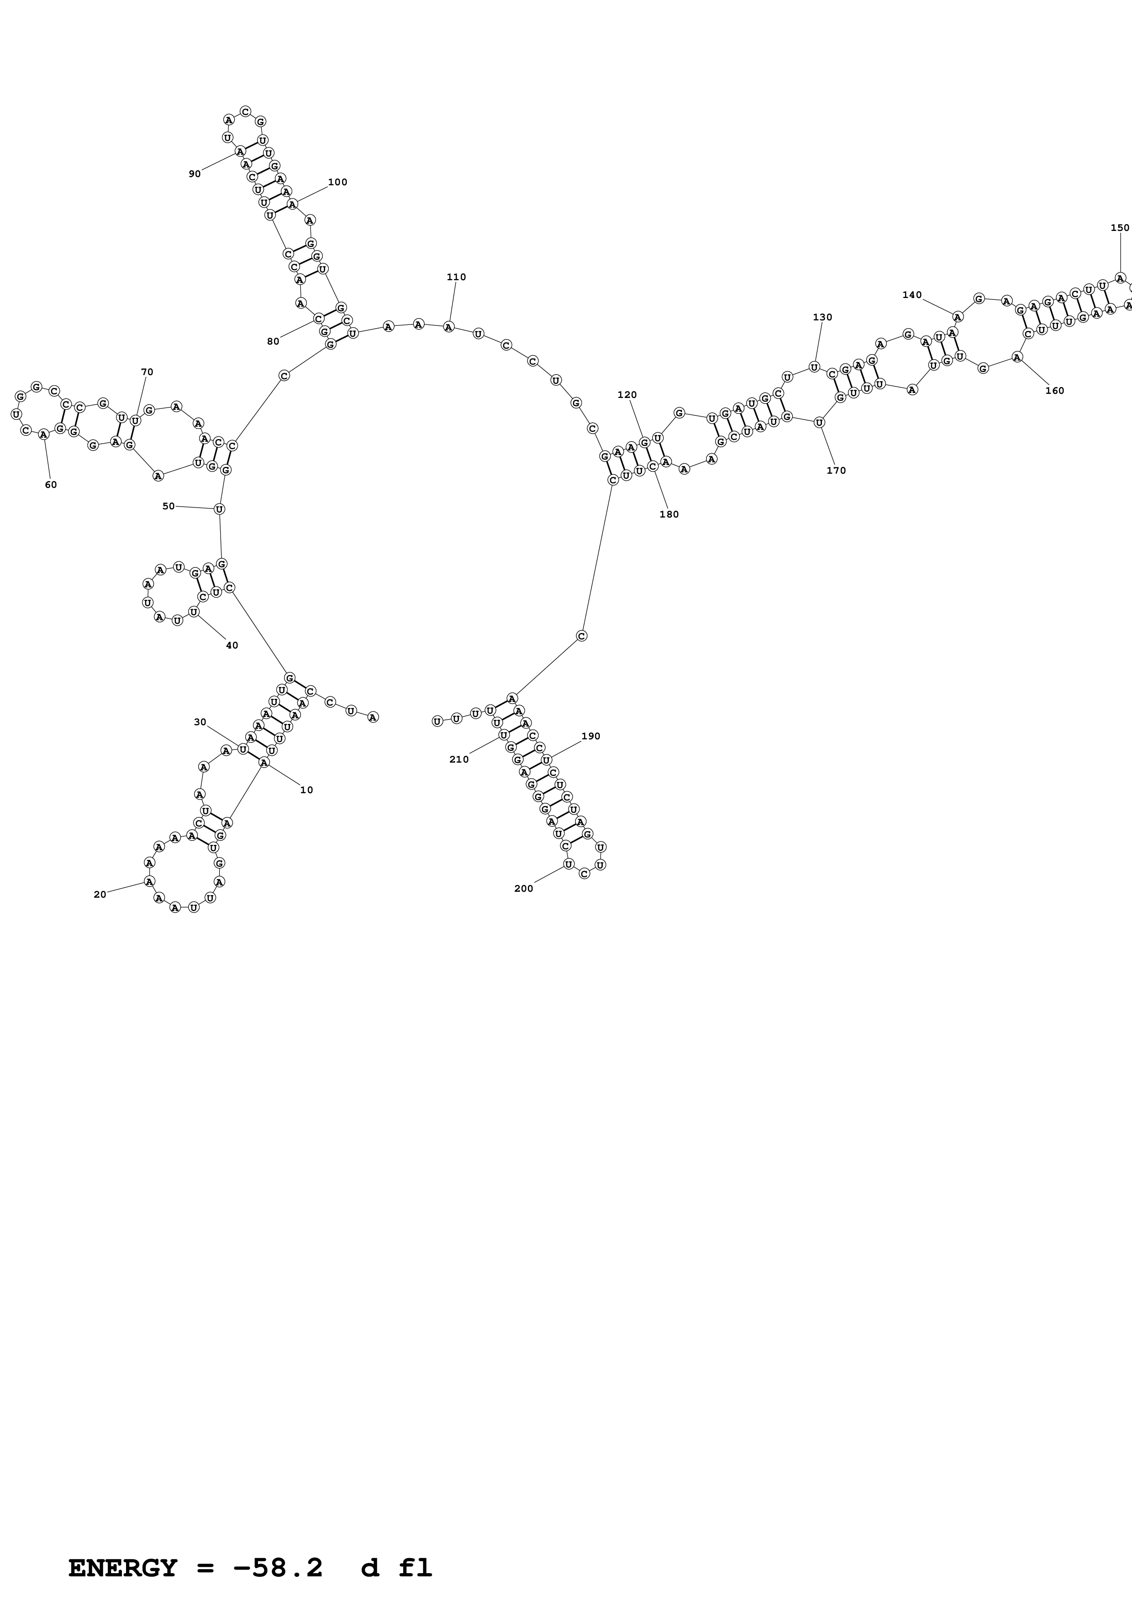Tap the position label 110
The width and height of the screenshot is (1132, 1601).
tap(456, 277)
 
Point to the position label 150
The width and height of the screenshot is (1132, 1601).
tap(1120, 227)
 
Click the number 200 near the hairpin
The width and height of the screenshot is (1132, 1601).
tap(523, 889)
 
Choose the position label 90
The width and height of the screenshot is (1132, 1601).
tap(195, 173)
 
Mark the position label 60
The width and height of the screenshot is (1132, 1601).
tap(51, 485)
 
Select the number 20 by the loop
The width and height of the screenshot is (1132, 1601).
tap(100, 895)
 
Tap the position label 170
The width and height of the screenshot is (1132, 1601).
tap(836, 471)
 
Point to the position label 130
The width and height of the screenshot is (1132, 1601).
tap(822, 317)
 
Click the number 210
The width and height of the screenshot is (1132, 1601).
tap(459, 759)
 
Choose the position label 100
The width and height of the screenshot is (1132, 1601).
tap(337, 182)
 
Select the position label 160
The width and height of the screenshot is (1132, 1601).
tap(1054, 391)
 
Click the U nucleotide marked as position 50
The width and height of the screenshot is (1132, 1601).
tap(219, 509)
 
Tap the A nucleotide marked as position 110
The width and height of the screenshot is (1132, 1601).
tap(448, 326)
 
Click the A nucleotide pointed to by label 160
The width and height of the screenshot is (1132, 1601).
tap(1017, 357)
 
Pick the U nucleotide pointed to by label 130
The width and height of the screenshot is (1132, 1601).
tap(813, 367)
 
